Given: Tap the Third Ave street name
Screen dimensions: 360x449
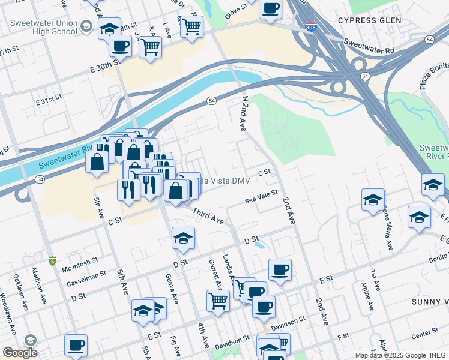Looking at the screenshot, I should (208, 217).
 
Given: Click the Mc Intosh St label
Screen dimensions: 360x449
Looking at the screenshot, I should (80, 262).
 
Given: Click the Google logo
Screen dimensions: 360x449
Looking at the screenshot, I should (20, 353).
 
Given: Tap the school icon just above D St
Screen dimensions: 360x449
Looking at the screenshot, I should (183, 238).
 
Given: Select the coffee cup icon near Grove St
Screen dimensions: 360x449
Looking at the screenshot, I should (271, 8).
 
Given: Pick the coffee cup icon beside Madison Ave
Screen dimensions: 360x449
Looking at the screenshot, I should (76, 345).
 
